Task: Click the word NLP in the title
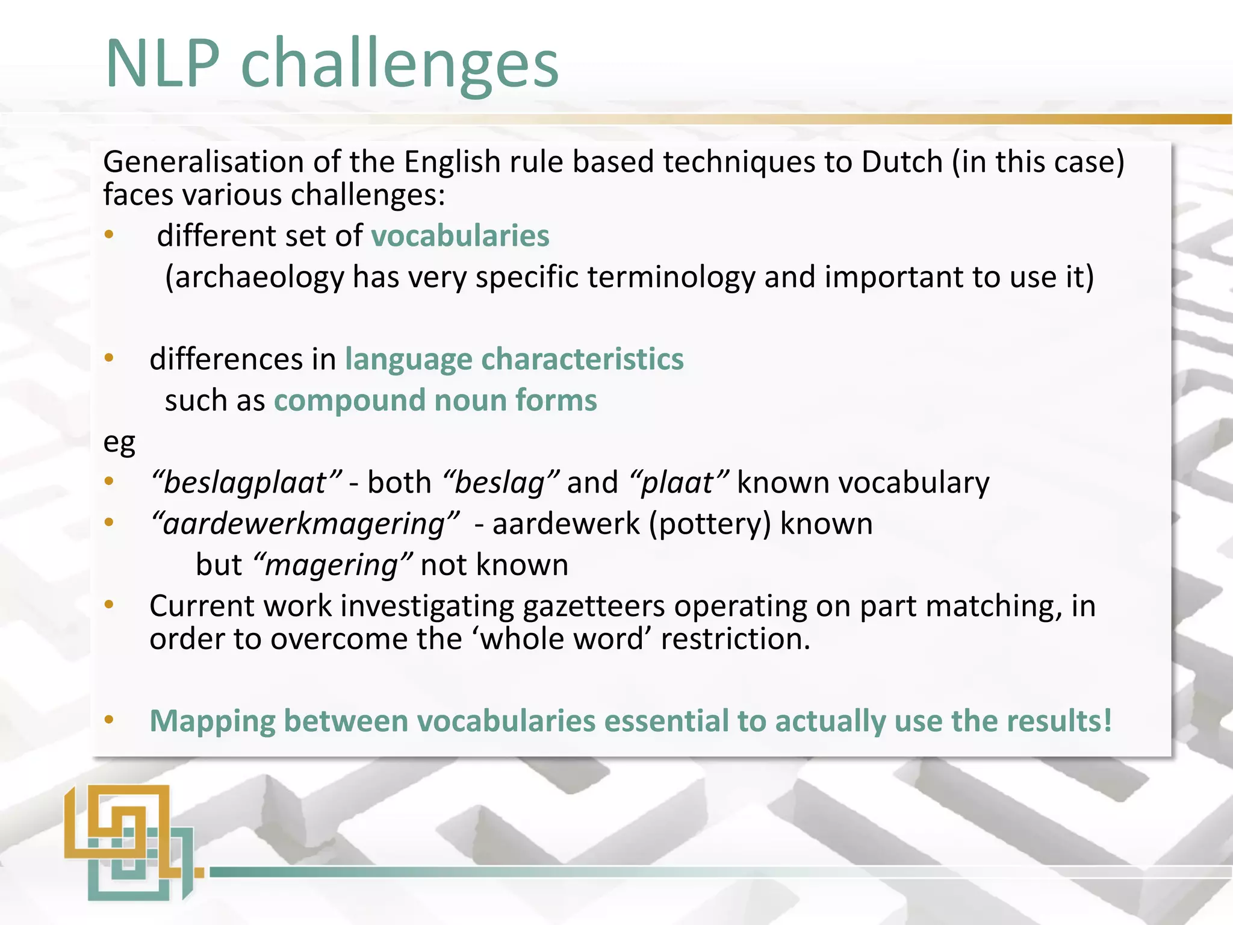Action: pos(163,63)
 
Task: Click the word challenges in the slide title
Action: pos(400,65)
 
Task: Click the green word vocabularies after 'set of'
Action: pos(460,235)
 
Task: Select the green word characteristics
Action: pos(582,360)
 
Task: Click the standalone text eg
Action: pos(119,443)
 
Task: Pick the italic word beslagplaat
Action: pos(246,483)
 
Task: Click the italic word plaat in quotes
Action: pos(678,483)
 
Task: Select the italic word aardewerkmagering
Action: pos(304,524)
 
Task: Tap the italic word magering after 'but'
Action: pos(332,565)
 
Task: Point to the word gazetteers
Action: pos(594,606)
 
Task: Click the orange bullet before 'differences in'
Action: pos(109,358)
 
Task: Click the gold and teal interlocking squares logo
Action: pos(129,842)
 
